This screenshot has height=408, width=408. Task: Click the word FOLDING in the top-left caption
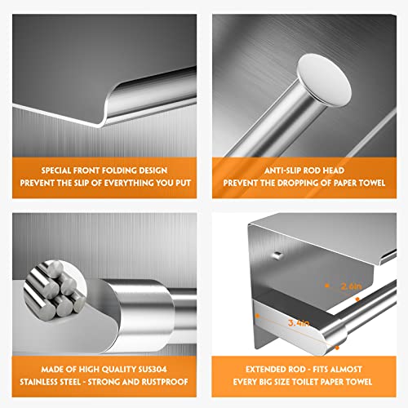click(116, 171)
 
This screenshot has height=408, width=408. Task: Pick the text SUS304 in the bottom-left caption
click(153, 370)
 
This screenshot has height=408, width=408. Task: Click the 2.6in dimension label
click(352, 286)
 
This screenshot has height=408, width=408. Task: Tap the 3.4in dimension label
click(299, 323)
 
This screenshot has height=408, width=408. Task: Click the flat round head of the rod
click(324, 79)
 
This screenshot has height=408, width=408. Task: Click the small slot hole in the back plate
click(277, 255)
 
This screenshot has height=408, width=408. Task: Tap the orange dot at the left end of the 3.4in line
click(257, 316)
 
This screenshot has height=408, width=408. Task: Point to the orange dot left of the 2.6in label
click(327, 286)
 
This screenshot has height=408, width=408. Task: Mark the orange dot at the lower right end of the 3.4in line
click(337, 348)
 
